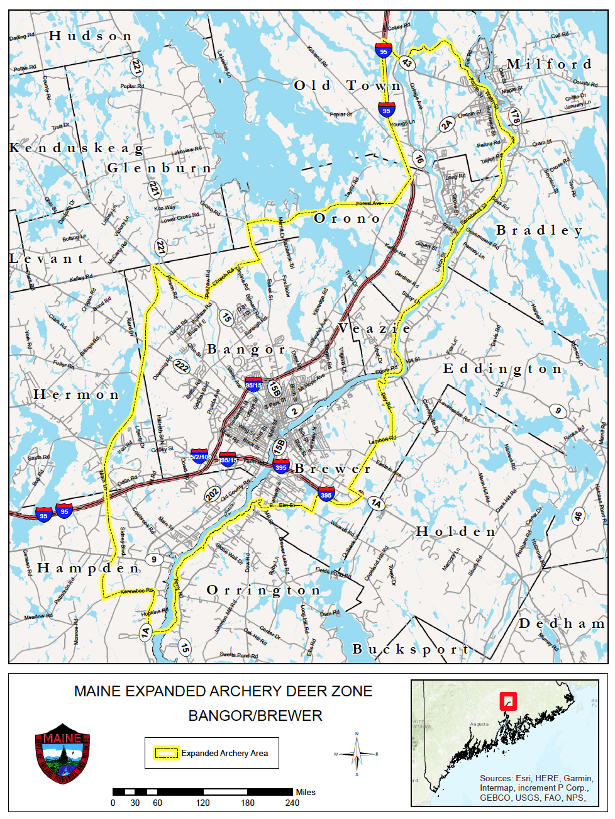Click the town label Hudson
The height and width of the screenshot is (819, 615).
click(x=91, y=36)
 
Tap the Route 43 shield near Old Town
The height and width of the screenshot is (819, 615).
click(x=407, y=63)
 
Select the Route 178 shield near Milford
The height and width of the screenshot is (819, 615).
click(x=515, y=116)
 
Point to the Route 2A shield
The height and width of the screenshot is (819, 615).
click(x=446, y=125)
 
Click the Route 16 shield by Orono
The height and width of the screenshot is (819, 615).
click(x=419, y=159)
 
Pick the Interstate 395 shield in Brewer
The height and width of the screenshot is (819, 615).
click(x=326, y=494)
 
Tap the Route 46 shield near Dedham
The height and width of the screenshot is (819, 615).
click(x=578, y=516)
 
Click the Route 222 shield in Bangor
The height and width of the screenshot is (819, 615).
click(x=182, y=366)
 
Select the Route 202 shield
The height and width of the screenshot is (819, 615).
click(x=213, y=494)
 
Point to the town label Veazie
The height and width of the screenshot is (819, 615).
click(x=375, y=328)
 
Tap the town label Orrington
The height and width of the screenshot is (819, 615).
click(x=263, y=590)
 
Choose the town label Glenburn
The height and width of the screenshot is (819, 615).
click(x=158, y=168)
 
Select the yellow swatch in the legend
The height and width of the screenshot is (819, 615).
click(x=166, y=753)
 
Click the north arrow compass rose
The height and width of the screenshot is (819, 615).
click(x=357, y=754)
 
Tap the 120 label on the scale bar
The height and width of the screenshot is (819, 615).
click(x=202, y=803)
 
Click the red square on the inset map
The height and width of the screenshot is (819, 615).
click(x=507, y=701)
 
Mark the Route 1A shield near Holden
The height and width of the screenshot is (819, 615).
click(x=375, y=503)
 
